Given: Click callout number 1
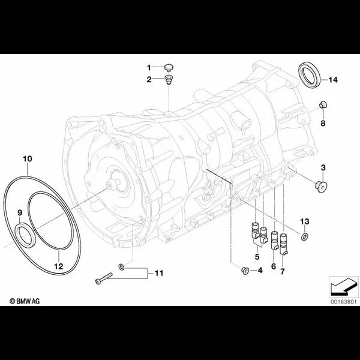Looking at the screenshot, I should [150, 67].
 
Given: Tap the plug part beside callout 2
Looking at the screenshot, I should [169, 80].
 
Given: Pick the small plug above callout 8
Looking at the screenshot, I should [322, 106].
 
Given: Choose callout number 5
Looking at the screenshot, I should [257, 256].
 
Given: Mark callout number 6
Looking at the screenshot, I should [274, 265].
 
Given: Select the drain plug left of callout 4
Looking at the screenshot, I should [244, 271].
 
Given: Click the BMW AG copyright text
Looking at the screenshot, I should [23, 299].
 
